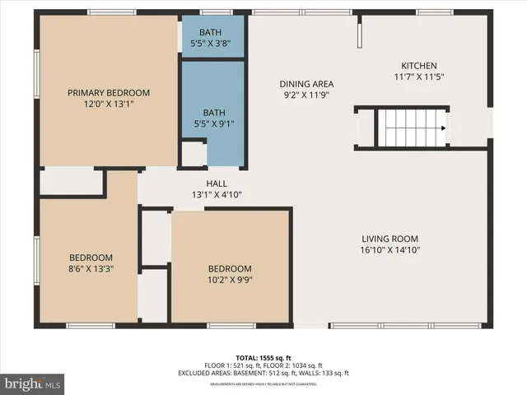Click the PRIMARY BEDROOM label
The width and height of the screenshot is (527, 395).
pos(109,92)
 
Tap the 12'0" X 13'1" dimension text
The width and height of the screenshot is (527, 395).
pos(109,104)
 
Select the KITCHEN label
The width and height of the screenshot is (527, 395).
pos(418,66)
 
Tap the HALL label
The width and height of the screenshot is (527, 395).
pos(217,184)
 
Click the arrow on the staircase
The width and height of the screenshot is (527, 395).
pos(442,128)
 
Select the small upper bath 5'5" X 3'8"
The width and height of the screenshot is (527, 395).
pos(212,37)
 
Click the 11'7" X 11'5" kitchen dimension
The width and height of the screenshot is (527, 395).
pos(418,77)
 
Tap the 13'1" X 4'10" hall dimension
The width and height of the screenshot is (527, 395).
pos(217,195)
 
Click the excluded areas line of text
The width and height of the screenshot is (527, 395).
pos(263,373)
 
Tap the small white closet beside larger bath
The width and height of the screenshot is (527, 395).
pos(194,154)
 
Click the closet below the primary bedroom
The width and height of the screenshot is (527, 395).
pos(71,183)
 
